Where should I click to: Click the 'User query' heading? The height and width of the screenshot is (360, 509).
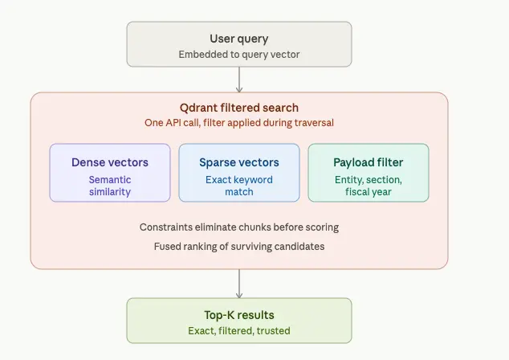[x=239, y=39]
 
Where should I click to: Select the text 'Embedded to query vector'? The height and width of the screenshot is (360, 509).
[x=239, y=55]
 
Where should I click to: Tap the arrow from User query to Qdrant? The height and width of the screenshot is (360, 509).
[x=239, y=80]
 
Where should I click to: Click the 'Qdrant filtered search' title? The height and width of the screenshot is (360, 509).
[x=239, y=108]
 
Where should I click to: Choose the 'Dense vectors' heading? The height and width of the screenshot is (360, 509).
[x=110, y=162]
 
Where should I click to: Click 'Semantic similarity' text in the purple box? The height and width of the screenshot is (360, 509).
[x=110, y=186]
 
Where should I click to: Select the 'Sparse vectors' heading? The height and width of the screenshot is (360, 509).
[x=239, y=162]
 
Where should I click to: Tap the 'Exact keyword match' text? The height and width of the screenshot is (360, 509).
[x=239, y=186]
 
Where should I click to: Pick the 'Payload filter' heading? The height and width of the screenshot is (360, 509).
[x=369, y=162]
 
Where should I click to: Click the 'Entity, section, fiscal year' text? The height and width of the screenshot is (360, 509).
[x=369, y=186]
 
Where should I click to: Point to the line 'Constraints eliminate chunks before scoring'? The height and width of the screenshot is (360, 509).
[x=239, y=227]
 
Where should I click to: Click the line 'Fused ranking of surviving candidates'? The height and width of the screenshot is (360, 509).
[x=239, y=247]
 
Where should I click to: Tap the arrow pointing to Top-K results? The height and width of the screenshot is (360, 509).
[x=239, y=284]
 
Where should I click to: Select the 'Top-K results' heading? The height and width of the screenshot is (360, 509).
[x=239, y=315]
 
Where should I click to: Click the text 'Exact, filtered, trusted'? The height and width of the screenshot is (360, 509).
[x=239, y=331]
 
